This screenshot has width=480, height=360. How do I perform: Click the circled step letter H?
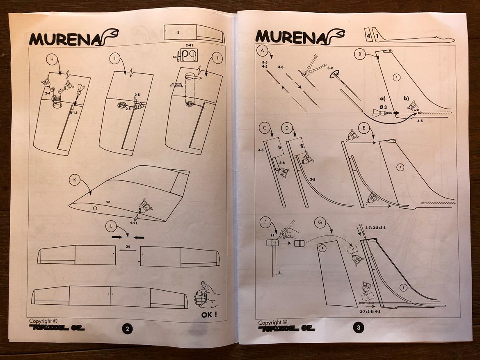point(52,59)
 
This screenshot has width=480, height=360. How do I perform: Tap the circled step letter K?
point(75,180)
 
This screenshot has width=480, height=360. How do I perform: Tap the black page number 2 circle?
point(127,328)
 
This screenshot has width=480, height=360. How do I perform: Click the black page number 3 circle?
point(358,328)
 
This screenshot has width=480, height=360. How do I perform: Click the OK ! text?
point(210,315)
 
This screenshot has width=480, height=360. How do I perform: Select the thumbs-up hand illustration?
point(207,294)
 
